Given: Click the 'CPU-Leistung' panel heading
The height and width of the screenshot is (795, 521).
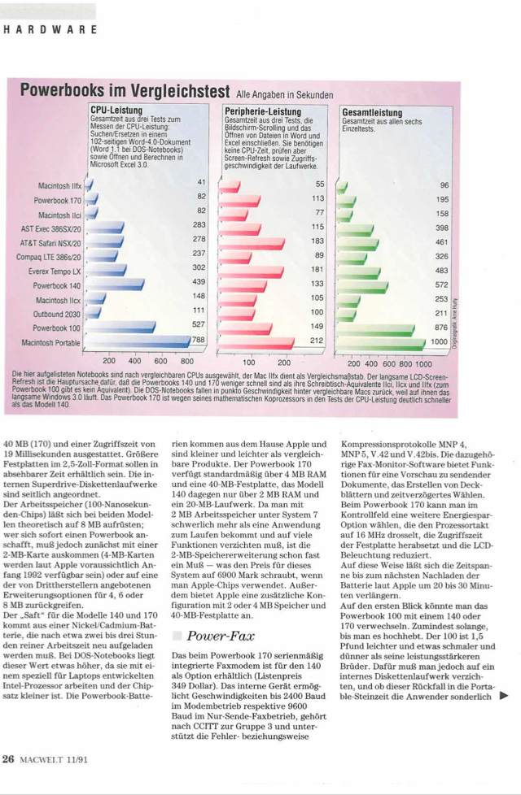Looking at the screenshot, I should click(x=116, y=109).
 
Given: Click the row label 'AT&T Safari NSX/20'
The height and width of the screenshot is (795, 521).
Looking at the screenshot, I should click(x=48, y=242).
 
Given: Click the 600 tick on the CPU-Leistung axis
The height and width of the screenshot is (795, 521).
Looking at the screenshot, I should click(x=160, y=360).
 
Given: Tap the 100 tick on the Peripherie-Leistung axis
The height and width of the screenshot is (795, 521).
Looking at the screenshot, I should click(x=249, y=362).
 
